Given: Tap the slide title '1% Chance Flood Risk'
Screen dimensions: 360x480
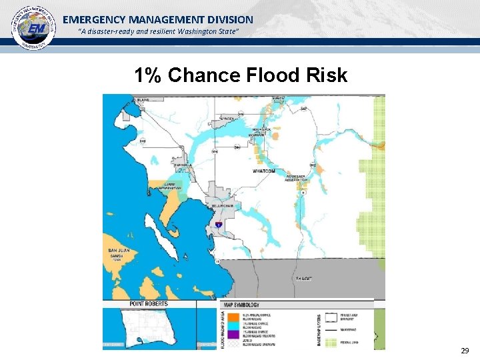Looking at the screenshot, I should click(241, 75).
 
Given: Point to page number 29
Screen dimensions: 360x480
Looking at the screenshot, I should click(464, 351).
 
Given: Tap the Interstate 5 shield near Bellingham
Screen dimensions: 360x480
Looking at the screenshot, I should click(218, 226).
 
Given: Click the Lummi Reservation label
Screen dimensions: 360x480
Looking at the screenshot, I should click(170, 187).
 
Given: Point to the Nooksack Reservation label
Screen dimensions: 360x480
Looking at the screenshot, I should click(296, 178).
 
